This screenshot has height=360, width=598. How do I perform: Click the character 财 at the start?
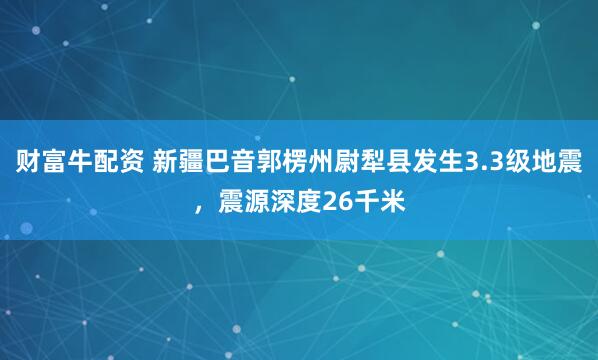(28, 161)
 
